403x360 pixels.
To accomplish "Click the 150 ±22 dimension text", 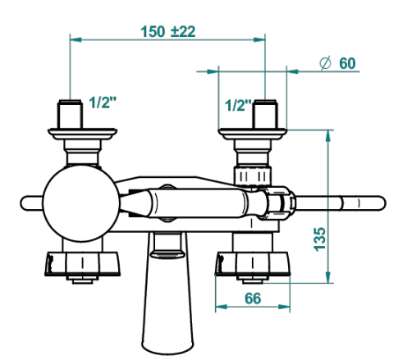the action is coord(168,32).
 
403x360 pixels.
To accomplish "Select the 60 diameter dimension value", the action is coord(347,63).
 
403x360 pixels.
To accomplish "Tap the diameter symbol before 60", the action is coord(325,63).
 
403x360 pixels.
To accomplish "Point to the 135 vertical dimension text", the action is coord(319,239).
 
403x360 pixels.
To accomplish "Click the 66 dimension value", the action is coord(253,298).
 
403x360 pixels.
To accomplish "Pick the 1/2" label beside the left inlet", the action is coord(103,103).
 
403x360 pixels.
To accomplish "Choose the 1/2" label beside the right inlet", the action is coord(238,105).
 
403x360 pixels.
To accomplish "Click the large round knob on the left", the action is coord(81,203).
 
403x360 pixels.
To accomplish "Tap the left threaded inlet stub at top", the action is coord(70,114).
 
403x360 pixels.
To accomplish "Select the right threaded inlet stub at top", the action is coord(265,114).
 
